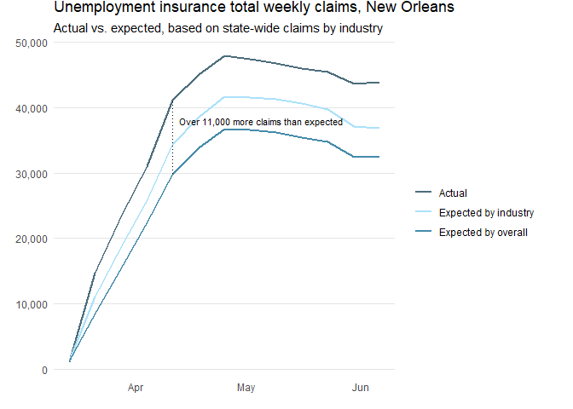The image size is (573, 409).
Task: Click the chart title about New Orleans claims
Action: pos(254,8)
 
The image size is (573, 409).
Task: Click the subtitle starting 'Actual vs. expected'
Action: pos(217,28)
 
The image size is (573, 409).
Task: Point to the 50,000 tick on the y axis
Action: pos(31,43)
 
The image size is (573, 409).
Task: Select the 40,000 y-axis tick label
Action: pos(31,108)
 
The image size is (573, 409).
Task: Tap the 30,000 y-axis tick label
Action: pos(31,174)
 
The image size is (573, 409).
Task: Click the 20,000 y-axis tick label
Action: pos(31,239)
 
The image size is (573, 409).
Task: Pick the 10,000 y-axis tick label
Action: pos(31,304)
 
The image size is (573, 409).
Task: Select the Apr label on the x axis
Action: pos(136,389)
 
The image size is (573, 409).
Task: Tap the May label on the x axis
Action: pos(246,389)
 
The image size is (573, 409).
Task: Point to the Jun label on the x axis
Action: pos(360,389)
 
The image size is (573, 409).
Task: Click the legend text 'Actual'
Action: pos(452,193)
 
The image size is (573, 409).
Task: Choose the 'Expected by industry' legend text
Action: pos(485,213)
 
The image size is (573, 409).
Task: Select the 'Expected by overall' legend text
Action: pos(483,232)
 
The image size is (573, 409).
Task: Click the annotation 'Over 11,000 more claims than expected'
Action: pos(260,123)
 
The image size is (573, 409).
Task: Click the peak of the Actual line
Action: pos(224,56)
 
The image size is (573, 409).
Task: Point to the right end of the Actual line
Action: pos(379,83)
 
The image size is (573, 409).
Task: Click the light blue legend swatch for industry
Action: pos(424,213)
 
